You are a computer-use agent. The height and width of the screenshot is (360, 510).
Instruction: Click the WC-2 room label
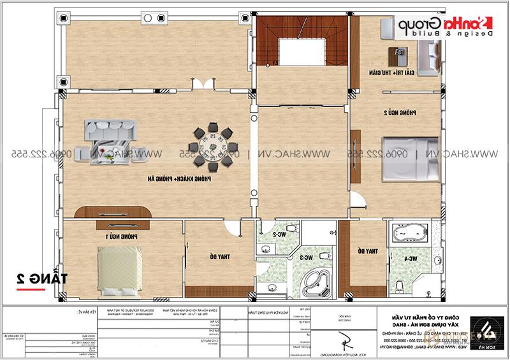coord(279,234)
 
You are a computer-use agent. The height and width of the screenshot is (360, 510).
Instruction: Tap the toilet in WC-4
coord(399,284)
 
